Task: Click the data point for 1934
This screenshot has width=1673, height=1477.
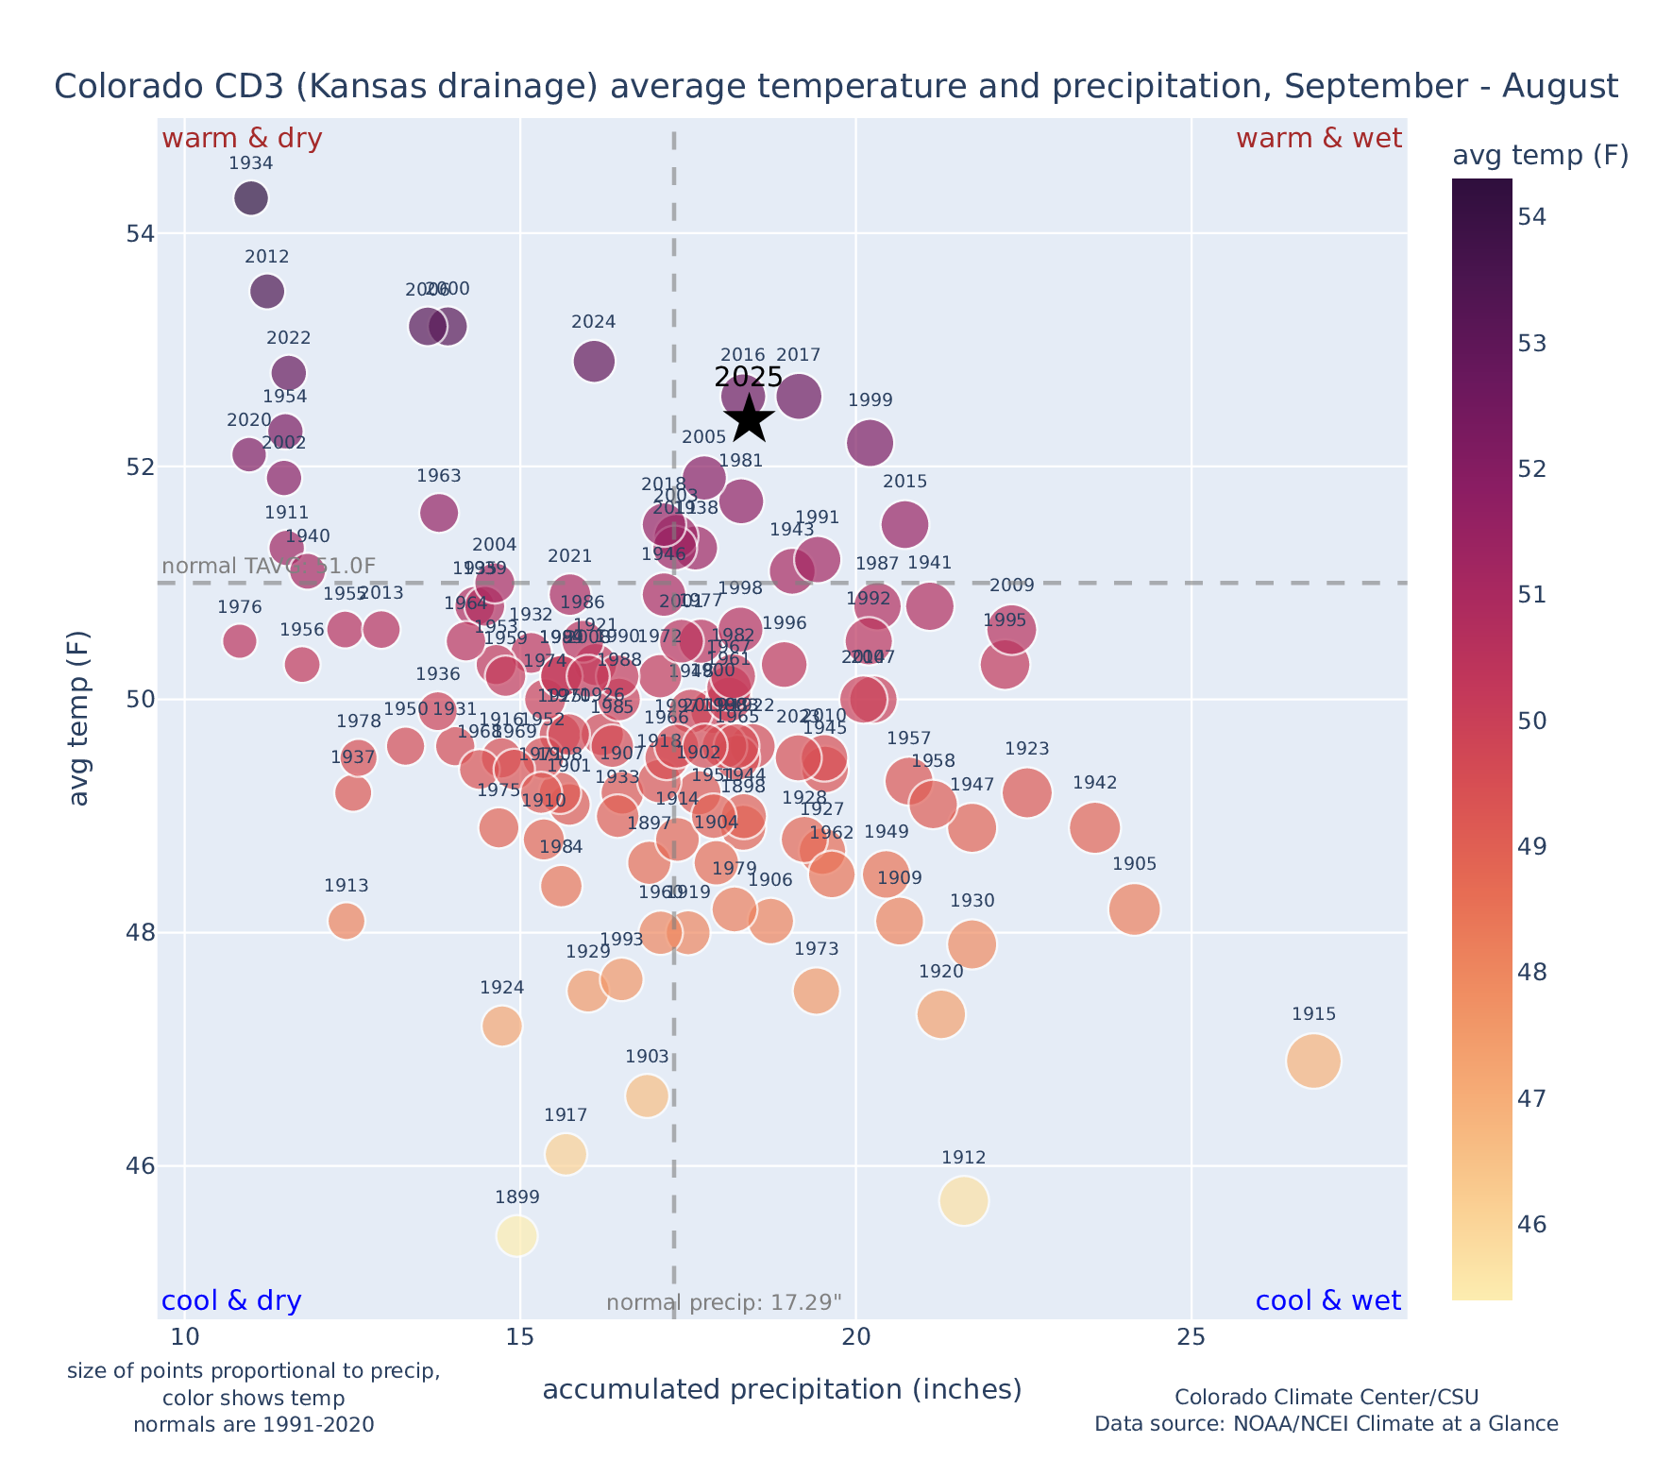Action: click(x=250, y=198)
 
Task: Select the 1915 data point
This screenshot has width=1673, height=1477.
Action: click(x=1313, y=1061)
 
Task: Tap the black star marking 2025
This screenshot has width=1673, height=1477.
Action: click(x=749, y=417)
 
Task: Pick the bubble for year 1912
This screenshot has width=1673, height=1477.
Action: click(x=963, y=1201)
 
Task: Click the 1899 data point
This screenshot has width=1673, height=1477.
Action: click(x=516, y=1235)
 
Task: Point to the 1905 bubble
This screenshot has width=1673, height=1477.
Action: click(x=1135, y=909)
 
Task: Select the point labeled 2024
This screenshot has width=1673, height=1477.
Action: click(x=594, y=361)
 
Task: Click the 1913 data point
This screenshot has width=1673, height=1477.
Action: click(x=346, y=921)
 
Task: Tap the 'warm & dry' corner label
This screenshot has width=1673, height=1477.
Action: click(x=243, y=139)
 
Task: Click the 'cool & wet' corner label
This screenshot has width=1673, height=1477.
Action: click(x=1327, y=1301)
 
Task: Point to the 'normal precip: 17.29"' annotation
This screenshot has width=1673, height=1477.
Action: click(x=723, y=1303)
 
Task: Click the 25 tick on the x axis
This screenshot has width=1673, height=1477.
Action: click(x=1191, y=1337)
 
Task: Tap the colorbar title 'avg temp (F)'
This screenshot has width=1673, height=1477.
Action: click(x=1540, y=156)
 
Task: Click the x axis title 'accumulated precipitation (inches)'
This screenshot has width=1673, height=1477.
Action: click(x=782, y=1389)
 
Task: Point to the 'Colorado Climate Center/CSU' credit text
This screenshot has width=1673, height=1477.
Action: click(x=1326, y=1397)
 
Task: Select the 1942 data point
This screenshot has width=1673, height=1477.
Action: click(x=1095, y=828)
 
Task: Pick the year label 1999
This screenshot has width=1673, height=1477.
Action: click(x=870, y=400)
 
